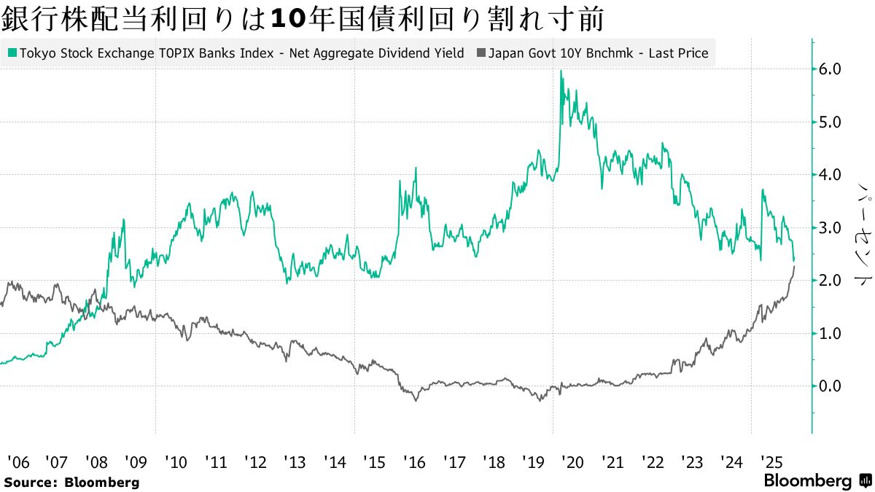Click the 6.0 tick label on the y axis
click(x=831, y=69)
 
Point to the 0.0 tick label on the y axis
click(x=831, y=386)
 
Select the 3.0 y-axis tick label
click(x=831, y=228)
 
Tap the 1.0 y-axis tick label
click(x=831, y=334)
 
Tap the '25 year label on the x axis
click(x=771, y=462)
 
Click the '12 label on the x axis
click(x=254, y=462)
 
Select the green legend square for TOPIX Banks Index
click(x=12, y=53)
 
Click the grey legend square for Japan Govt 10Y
click(x=481, y=53)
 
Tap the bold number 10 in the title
click(x=287, y=19)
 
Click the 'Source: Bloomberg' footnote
click(x=71, y=483)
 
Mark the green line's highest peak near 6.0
click(x=561, y=71)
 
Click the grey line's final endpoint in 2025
click(x=794, y=268)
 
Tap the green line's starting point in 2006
click(x=1, y=362)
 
